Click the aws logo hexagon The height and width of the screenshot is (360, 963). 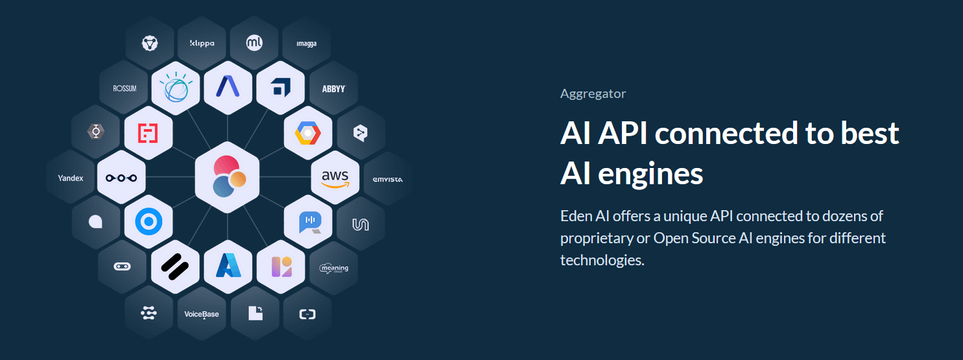coord(335,177)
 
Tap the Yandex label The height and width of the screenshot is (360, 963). coord(71,178)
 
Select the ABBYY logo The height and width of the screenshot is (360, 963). coord(333,89)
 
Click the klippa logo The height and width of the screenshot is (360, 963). coord(202,43)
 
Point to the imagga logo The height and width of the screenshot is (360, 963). coord(307,43)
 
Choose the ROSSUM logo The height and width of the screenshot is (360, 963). coord(125,88)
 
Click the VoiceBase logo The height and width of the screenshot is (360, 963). coord(202,315)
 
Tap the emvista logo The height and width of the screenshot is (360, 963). coord(387,180)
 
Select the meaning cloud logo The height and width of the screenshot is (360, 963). coord(334,269)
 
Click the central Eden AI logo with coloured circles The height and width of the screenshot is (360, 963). coord(228,176)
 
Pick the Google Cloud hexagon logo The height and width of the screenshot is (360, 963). coord(308,133)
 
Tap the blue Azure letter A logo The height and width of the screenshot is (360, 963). coord(228,265)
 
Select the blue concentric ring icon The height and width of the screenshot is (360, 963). coord(149,221)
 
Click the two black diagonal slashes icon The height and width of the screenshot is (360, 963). coord(175,267)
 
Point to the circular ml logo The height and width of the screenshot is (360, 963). coord(254,43)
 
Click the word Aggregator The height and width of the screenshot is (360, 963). coord(593,94)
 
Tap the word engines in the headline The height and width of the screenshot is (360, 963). coord(650,174)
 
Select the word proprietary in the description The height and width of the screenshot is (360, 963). coord(597,238)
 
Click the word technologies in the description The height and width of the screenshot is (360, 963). coord(602,260)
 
